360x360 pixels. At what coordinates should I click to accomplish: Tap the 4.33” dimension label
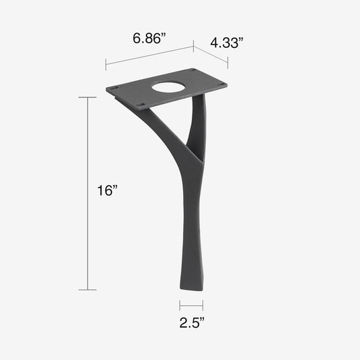tap(226, 43)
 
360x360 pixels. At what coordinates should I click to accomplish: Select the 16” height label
tap(107, 191)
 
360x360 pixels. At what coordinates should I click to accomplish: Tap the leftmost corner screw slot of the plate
tap(114, 88)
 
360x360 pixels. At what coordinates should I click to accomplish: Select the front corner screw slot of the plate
tap(143, 104)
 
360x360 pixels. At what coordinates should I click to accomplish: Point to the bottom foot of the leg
tap(192, 285)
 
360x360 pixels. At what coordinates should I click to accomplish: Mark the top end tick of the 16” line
tap(87, 98)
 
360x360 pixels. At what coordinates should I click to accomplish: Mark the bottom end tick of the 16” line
tap(87, 290)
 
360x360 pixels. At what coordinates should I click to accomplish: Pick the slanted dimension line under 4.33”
tap(211, 56)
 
